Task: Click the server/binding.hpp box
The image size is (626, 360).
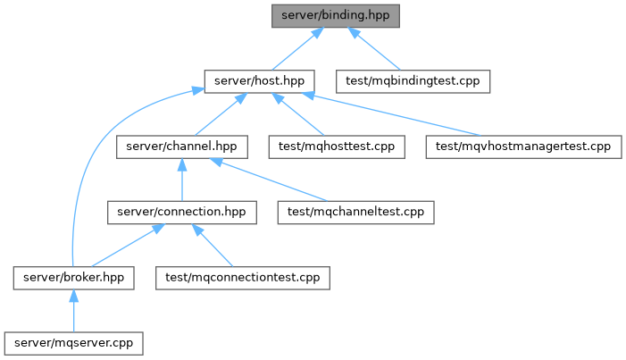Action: pyautogui.click(x=336, y=16)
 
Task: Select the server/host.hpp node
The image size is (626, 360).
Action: pyautogui.click(x=259, y=81)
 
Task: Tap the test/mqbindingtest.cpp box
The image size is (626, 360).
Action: pyautogui.click(x=413, y=81)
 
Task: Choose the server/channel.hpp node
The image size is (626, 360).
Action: pyautogui.click(x=181, y=147)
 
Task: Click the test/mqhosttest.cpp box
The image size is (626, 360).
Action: pyautogui.click(x=337, y=147)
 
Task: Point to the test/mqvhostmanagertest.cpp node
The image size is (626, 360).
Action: pyautogui.click(x=523, y=147)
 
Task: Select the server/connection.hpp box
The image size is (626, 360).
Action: pyautogui.click(x=181, y=213)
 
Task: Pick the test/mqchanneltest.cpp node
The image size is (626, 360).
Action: pyautogui.click(x=355, y=213)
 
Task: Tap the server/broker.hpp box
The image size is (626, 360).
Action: pyautogui.click(x=73, y=278)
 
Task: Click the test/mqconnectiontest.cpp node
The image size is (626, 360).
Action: pyautogui.click(x=243, y=278)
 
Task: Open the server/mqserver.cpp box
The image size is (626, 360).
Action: pyautogui.click(x=73, y=343)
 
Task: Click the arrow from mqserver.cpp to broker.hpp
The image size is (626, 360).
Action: pyautogui.click(x=73, y=311)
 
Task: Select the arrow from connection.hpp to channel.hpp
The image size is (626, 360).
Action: pyautogui.click(x=182, y=180)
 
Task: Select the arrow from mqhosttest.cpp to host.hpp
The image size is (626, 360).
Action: pyautogui.click(x=298, y=114)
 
